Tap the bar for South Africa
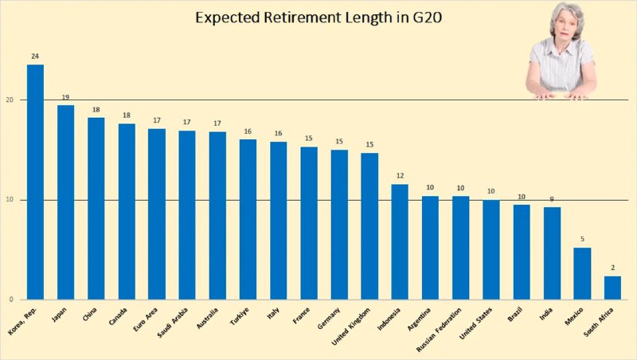pyautogui.click(x=612, y=288)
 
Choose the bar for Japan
pyautogui.click(x=65, y=202)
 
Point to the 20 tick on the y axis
pyautogui.click(x=10, y=100)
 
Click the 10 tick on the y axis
pyautogui.click(x=10, y=200)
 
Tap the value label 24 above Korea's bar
pyautogui.click(x=35, y=57)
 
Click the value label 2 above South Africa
pyautogui.click(x=612, y=268)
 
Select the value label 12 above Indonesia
pyautogui.click(x=400, y=176)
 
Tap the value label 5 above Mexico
pyautogui.click(x=582, y=240)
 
